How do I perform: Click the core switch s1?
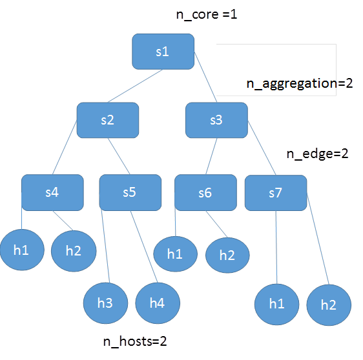tap(163, 52)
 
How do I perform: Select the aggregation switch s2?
tap(108, 120)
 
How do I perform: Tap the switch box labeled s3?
tap(216, 120)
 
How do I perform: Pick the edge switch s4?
tap(52, 192)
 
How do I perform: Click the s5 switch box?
tap(130, 192)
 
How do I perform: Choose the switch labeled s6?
tap(205, 192)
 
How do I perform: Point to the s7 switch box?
tap(275, 192)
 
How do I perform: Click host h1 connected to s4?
tap(21, 250)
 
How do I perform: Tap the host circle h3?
tap(107, 302)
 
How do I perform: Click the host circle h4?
tap(158, 302)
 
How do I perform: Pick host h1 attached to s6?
tap(175, 254)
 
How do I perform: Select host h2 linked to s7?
tap(329, 305)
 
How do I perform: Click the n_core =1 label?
tap(207, 14)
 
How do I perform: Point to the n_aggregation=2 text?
tap(299, 84)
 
